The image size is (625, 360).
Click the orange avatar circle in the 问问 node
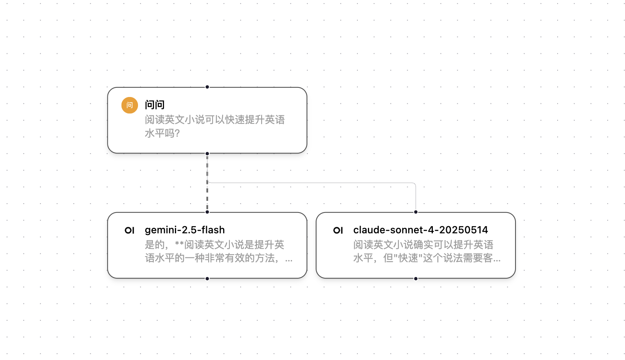[130, 105]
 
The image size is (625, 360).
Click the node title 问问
[154, 105]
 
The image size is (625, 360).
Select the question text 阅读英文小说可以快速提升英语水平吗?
[215, 126]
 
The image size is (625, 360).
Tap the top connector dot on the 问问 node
[207, 87]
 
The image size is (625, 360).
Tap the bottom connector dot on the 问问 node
[207, 154]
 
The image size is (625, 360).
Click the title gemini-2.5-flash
[185, 230]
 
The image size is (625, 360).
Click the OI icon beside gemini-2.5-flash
[130, 230]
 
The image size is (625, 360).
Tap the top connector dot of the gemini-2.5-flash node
[207, 212]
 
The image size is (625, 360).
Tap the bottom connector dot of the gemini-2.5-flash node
[207, 279]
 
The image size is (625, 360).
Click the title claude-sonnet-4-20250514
[420, 230]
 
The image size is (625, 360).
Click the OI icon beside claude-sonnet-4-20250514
[338, 230]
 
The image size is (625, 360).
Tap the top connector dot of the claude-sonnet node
[416, 212]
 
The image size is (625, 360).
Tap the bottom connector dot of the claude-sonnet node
[416, 279]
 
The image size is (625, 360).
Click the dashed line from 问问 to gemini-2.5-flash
[207, 196]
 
